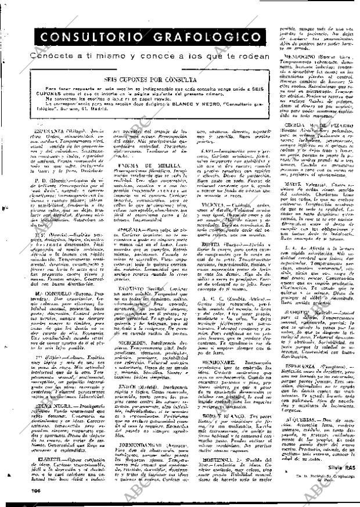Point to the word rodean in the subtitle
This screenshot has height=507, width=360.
click(254, 56)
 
